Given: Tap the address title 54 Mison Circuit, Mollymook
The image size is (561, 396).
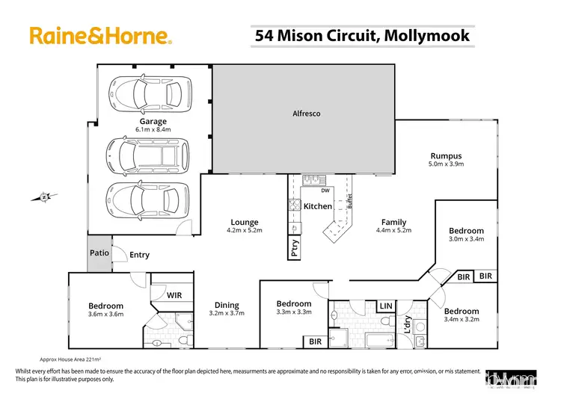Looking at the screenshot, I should pyautogui.click(x=362, y=35).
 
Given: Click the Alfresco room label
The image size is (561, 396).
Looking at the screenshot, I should pyautogui.click(x=305, y=114).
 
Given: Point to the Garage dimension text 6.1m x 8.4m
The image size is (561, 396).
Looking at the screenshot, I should pyautogui.click(x=152, y=129).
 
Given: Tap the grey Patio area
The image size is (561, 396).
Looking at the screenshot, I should pyautogui.click(x=99, y=253).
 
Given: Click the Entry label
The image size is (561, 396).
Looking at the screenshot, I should pyautogui.click(x=139, y=255).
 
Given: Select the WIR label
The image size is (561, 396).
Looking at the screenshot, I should pyautogui.click(x=174, y=296).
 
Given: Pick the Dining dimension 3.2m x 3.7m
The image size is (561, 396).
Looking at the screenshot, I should pyautogui.click(x=227, y=315).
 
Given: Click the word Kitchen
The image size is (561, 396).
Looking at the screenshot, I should pyautogui.click(x=317, y=206).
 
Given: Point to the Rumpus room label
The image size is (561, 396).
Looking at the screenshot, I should pyautogui.click(x=445, y=156).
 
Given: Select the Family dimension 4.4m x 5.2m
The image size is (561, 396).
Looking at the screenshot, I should pyautogui.click(x=393, y=231).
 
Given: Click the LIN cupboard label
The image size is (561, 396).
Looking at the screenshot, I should pyautogui.click(x=386, y=306).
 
